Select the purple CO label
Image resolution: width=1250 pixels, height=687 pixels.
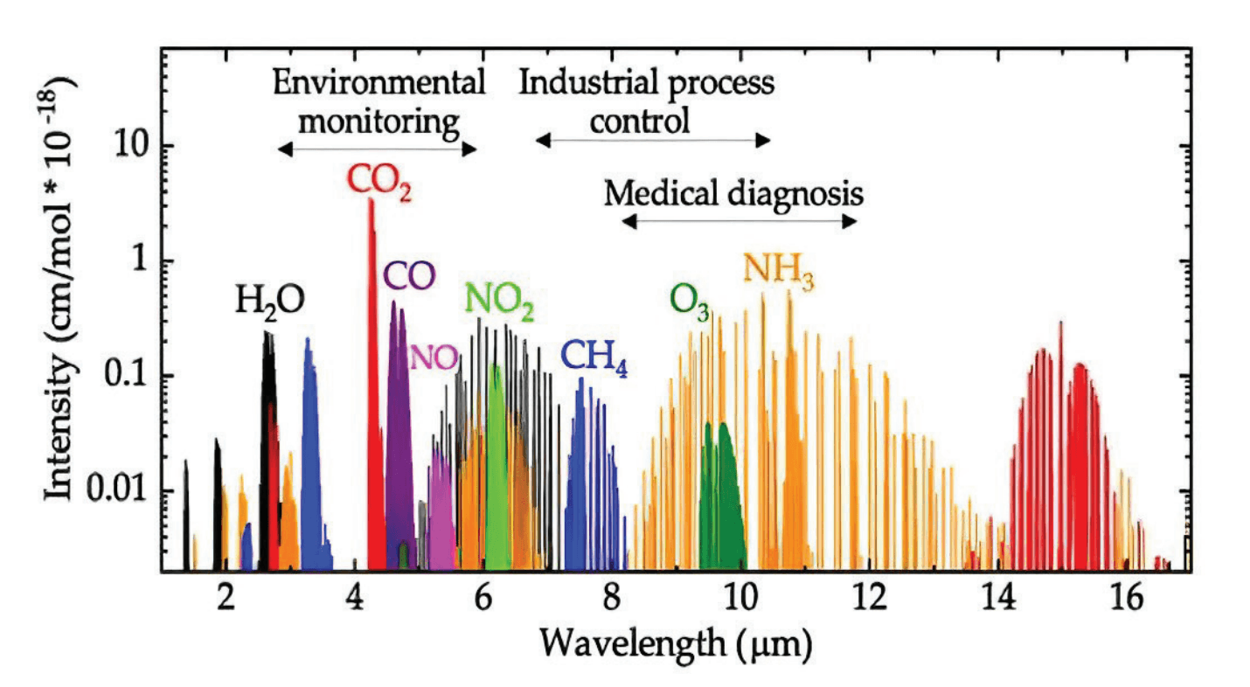[409, 277]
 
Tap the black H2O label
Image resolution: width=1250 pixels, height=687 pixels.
[269, 302]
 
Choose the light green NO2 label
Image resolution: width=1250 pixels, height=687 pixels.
[500, 302]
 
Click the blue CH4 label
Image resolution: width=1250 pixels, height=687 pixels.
[594, 356]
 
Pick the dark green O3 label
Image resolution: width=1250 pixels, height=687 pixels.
[691, 302]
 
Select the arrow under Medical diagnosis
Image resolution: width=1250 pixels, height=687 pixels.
[740, 222]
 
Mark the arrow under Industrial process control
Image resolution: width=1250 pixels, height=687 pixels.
[654, 141]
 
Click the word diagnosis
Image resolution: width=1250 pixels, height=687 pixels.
[795, 192]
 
